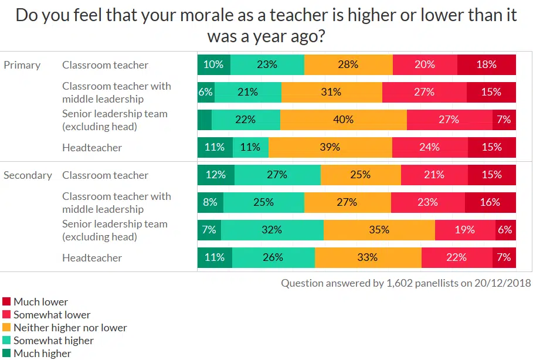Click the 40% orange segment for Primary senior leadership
pos(343,120)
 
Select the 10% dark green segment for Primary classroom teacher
pos(213,64)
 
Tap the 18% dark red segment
pos(486,64)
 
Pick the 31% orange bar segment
pos(332,92)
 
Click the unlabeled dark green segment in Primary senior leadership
pos(205,120)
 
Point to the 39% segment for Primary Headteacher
pos(330,147)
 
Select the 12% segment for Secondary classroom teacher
pos(216,175)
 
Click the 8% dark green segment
pos(210,202)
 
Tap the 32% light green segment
pos(272,230)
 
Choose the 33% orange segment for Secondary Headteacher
pos(368,257)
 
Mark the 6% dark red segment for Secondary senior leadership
pos(505,230)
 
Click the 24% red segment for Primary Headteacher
pos(429,147)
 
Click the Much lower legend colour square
pos(6,302)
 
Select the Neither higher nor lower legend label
pos(70,328)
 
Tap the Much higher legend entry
pos(42,354)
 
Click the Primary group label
pos(22,65)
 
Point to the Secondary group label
pos(28,175)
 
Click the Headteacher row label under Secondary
pos(92,258)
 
